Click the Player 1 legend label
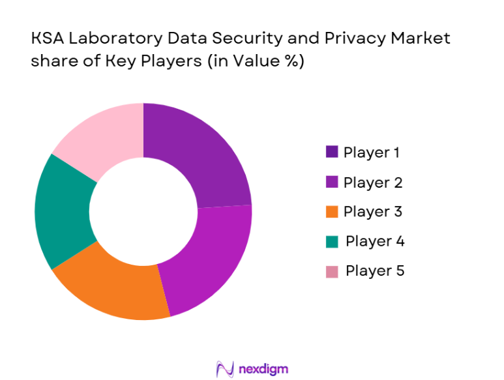pyautogui.click(x=371, y=153)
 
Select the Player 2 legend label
pyautogui.click(x=372, y=183)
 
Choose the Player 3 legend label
pyautogui.click(x=372, y=212)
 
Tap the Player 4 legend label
pyautogui.click(x=374, y=241)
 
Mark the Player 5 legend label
pyautogui.click(x=374, y=270)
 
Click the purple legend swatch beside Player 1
pyautogui.click(x=332, y=153)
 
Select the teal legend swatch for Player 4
pyautogui.click(x=332, y=242)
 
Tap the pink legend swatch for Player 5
pyautogui.click(x=332, y=271)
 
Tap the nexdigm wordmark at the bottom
pyautogui.click(x=264, y=369)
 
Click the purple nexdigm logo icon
pyautogui.click(x=225, y=369)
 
